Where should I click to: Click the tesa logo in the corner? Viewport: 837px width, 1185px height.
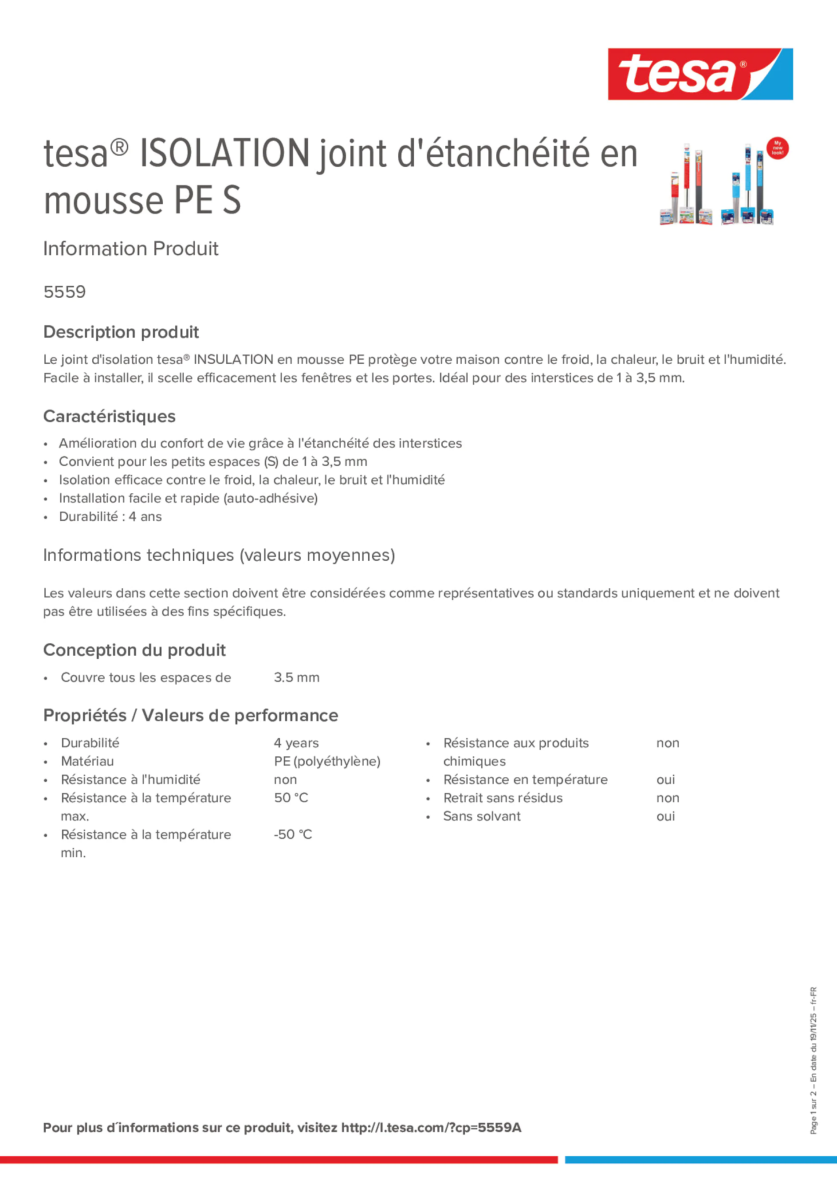700,75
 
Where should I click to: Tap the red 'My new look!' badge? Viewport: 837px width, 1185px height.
777,149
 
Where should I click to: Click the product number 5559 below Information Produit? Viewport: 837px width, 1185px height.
64,292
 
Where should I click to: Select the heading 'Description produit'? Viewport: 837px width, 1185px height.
121,332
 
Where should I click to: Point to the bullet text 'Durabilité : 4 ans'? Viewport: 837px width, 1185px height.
110,516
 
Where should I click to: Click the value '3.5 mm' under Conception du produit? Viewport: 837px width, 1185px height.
296,677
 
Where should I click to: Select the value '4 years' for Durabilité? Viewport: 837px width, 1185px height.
296,743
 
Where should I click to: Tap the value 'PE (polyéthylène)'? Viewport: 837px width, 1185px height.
326,761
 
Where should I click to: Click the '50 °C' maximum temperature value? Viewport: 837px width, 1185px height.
291,798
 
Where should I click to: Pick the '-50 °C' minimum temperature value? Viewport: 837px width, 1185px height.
293,835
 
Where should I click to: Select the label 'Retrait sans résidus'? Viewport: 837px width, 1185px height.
503,798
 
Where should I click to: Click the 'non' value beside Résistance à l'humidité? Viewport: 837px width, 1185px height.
285,780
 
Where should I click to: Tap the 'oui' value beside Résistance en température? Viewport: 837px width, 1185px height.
665,780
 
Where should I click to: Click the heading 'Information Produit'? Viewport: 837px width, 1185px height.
130,249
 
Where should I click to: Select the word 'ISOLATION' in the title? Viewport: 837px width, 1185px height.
224,154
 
